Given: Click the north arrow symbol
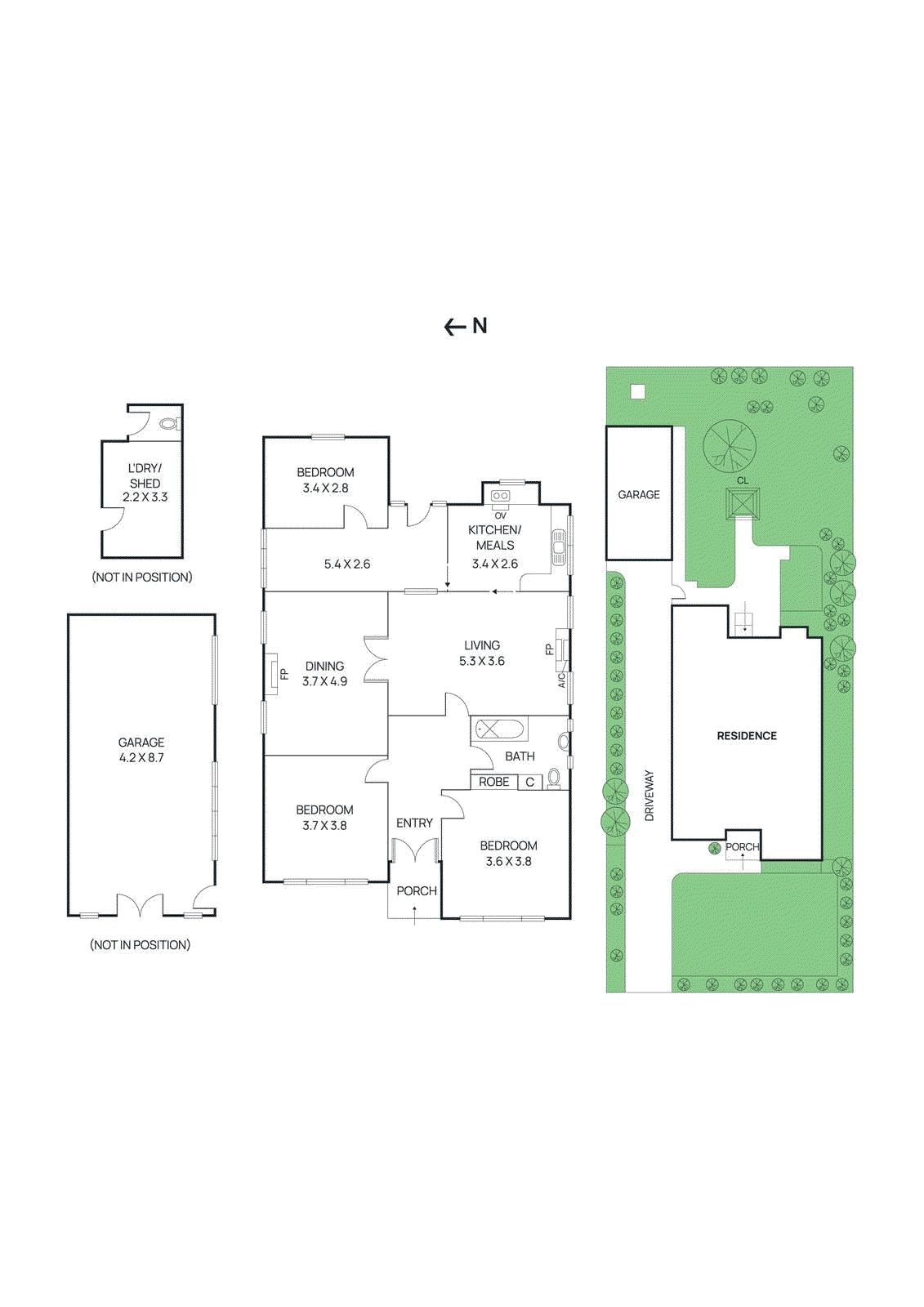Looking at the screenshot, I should [465, 327].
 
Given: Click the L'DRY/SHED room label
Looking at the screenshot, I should [145, 482].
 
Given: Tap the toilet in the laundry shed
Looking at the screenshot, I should [169, 423].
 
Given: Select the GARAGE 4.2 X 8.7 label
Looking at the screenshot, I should [141, 750].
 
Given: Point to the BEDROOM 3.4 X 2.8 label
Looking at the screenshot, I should [325, 480].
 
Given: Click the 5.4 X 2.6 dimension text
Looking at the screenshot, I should [346, 564].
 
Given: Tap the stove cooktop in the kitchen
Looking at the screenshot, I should [500, 496].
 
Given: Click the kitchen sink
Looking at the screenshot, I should [559, 542].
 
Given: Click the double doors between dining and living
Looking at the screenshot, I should [375, 660].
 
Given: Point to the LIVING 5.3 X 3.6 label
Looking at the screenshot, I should [481, 653].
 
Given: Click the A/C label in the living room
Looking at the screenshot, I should [562, 680].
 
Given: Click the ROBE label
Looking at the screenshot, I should [493, 782].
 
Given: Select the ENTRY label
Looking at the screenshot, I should [414, 823].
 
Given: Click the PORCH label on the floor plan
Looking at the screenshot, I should [417, 890].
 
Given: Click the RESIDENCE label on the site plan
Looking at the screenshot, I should [747, 736].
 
